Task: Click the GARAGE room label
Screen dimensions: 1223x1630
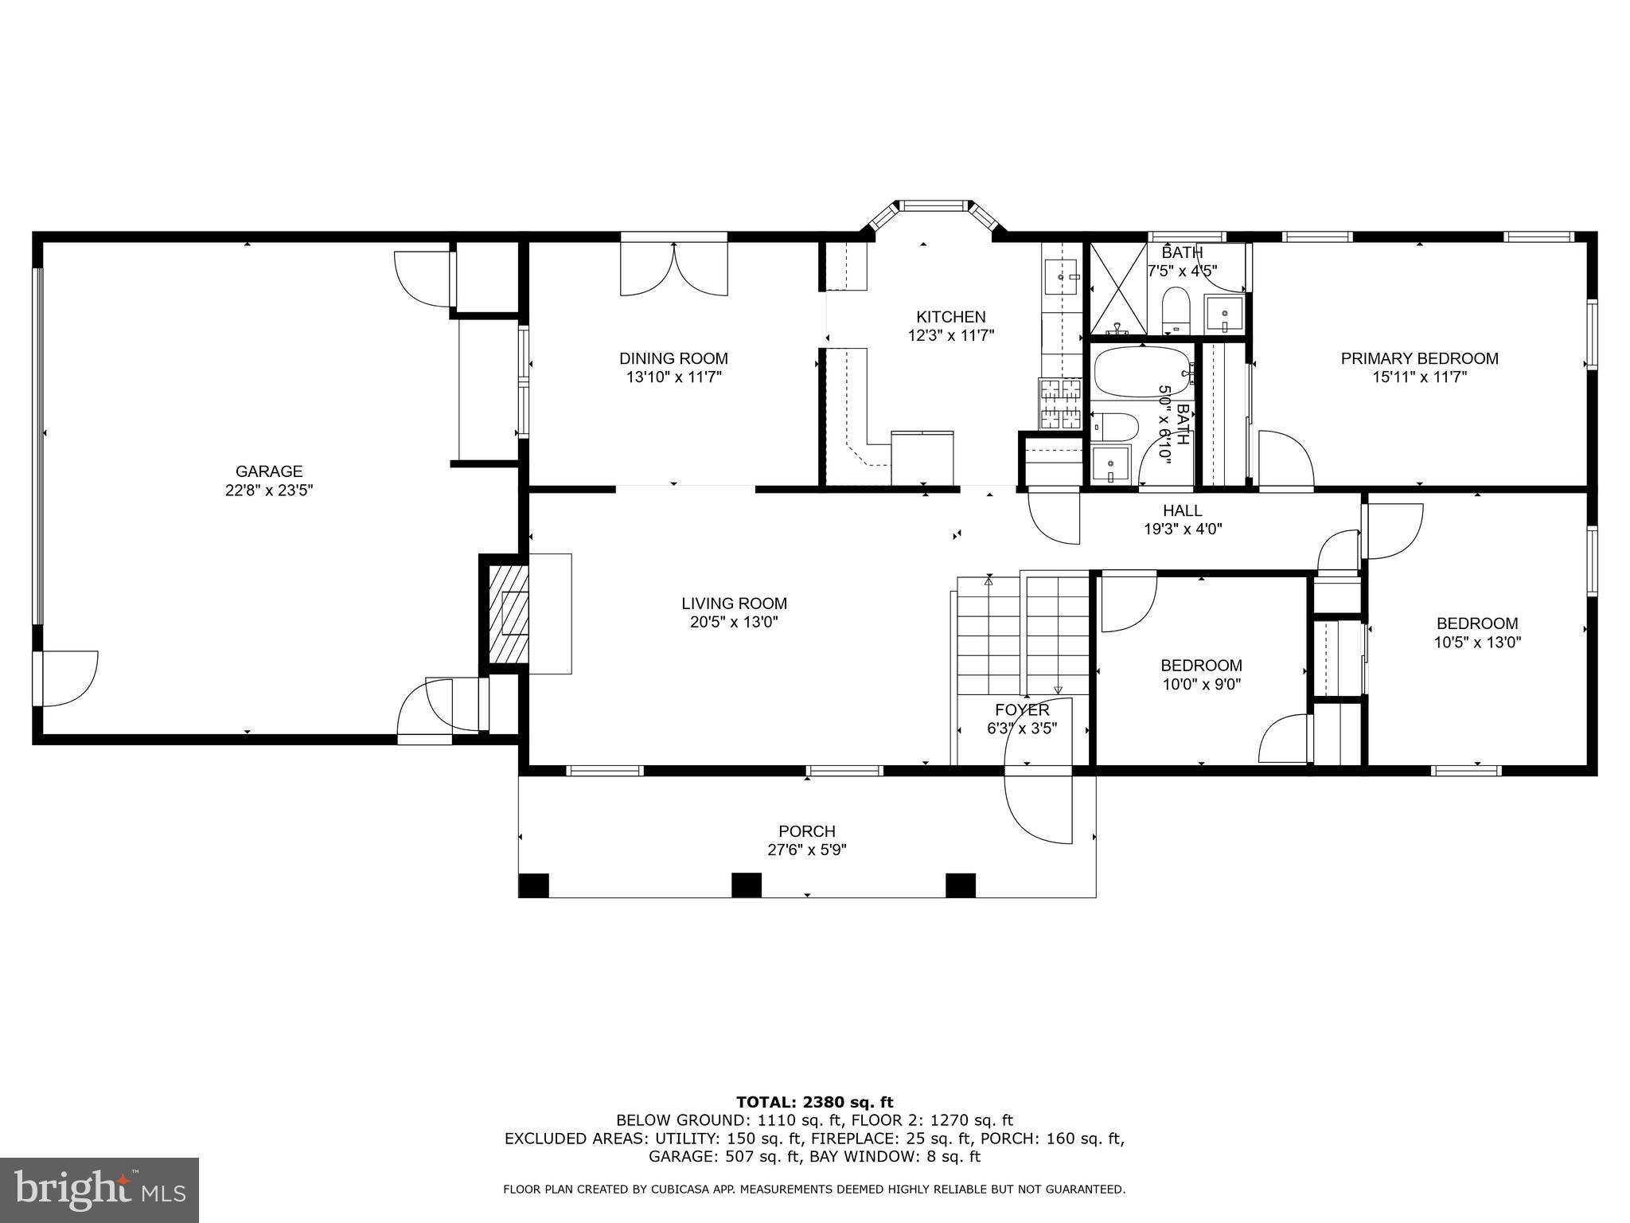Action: pyautogui.click(x=268, y=471)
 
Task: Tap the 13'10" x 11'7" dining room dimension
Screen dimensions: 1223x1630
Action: pyautogui.click(x=673, y=377)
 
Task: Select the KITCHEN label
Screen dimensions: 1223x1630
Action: pyautogui.click(x=950, y=317)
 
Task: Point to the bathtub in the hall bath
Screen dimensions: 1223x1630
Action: pyautogui.click(x=1141, y=372)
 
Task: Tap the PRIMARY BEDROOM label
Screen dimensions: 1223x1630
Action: pyautogui.click(x=1419, y=358)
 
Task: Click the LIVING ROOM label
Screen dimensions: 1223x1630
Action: pyautogui.click(x=734, y=604)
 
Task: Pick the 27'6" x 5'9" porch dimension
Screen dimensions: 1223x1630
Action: pyautogui.click(x=806, y=850)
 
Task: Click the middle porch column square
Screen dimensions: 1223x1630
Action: pyautogui.click(x=747, y=885)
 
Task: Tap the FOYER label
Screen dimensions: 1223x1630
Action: pyautogui.click(x=1022, y=709)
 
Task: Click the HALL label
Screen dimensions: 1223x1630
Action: pyautogui.click(x=1182, y=510)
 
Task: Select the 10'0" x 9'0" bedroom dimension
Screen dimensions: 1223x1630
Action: pyautogui.click(x=1201, y=684)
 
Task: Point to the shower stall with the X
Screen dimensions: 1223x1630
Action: pyautogui.click(x=1118, y=288)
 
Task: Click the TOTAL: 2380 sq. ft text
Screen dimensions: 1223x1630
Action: pyautogui.click(x=814, y=1102)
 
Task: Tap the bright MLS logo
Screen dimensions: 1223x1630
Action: pyautogui.click(x=99, y=1190)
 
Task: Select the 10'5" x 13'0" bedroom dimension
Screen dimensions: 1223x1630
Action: pyautogui.click(x=1477, y=643)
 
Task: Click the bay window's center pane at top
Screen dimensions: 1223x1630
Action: pyautogui.click(x=934, y=205)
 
